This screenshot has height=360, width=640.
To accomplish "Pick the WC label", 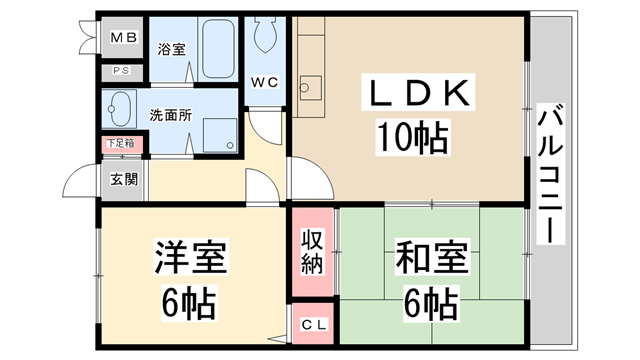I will (265, 80).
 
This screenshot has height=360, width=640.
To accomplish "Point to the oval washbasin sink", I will (122, 107).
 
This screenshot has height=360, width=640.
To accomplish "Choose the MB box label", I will (123, 38).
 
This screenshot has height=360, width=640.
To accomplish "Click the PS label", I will (122, 70).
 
